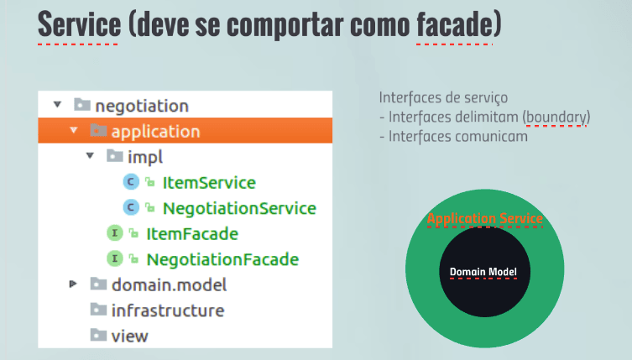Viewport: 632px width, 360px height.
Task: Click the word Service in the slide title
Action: (x=79, y=24)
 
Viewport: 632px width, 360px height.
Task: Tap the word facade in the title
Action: (x=455, y=24)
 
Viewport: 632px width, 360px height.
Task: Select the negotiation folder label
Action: (x=142, y=106)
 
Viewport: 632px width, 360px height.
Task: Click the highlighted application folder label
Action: (x=155, y=132)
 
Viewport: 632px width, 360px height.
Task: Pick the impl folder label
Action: (x=145, y=157)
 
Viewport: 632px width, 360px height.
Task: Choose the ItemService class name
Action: (x=209, y=183)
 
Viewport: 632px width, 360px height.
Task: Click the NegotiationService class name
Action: (x=239, y=208)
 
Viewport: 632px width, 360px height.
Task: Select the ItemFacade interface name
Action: (x=192, y=234)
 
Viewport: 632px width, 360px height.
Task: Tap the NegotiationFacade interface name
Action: (x=222, y=259)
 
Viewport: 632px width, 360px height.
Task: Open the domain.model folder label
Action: (x=170, y=285)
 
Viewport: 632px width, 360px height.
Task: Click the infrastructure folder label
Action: (x=168, y=310)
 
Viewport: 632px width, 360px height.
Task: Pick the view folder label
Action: (x=130, y=337)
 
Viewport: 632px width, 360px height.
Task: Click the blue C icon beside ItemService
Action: (x=131, y=182)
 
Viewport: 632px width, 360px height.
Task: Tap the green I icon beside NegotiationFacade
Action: (x=114, y=258)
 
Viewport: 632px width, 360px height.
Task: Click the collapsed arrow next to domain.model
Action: (x=73, y=284)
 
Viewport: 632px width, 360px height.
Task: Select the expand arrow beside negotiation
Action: (x=58, y=105)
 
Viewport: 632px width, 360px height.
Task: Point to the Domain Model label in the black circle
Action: (x=483, y=272)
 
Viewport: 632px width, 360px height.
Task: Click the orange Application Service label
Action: (x=485, y=218)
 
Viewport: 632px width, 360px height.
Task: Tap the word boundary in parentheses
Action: (x=556, y=117)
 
